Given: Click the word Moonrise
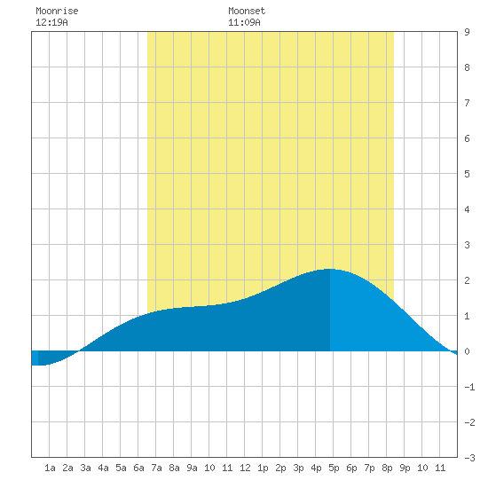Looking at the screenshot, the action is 57,11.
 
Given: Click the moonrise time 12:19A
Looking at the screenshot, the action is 51,22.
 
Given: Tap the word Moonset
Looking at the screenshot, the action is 247,11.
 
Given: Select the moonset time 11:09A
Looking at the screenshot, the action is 244,22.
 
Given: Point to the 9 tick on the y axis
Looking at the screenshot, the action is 467,32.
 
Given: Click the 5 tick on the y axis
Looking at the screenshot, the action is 467,174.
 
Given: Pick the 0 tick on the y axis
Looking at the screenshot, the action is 467,351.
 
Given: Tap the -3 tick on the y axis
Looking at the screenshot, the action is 469,458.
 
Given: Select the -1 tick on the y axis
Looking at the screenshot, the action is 469,387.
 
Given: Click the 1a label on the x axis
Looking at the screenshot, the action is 50,468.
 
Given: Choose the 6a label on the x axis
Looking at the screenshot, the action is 138,468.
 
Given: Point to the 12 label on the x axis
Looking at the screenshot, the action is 245,468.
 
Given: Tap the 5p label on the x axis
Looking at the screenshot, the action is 334,468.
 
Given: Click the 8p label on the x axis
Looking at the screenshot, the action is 387,468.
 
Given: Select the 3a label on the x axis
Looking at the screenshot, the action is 85,468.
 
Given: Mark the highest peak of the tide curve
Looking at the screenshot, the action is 330,269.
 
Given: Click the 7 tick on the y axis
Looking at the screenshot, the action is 467,103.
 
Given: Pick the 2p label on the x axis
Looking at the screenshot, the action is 280,468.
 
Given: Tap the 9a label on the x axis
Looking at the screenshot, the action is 192,468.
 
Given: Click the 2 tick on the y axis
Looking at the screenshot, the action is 467,280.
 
